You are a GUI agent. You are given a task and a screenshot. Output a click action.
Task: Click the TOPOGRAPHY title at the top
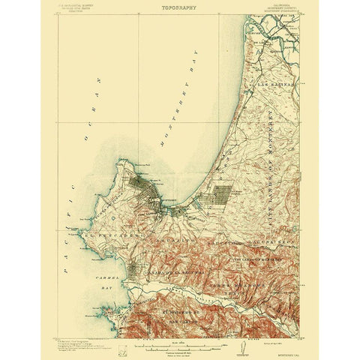(x=178, y=9)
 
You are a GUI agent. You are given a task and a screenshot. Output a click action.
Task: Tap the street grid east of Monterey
(x=222, y=196)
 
